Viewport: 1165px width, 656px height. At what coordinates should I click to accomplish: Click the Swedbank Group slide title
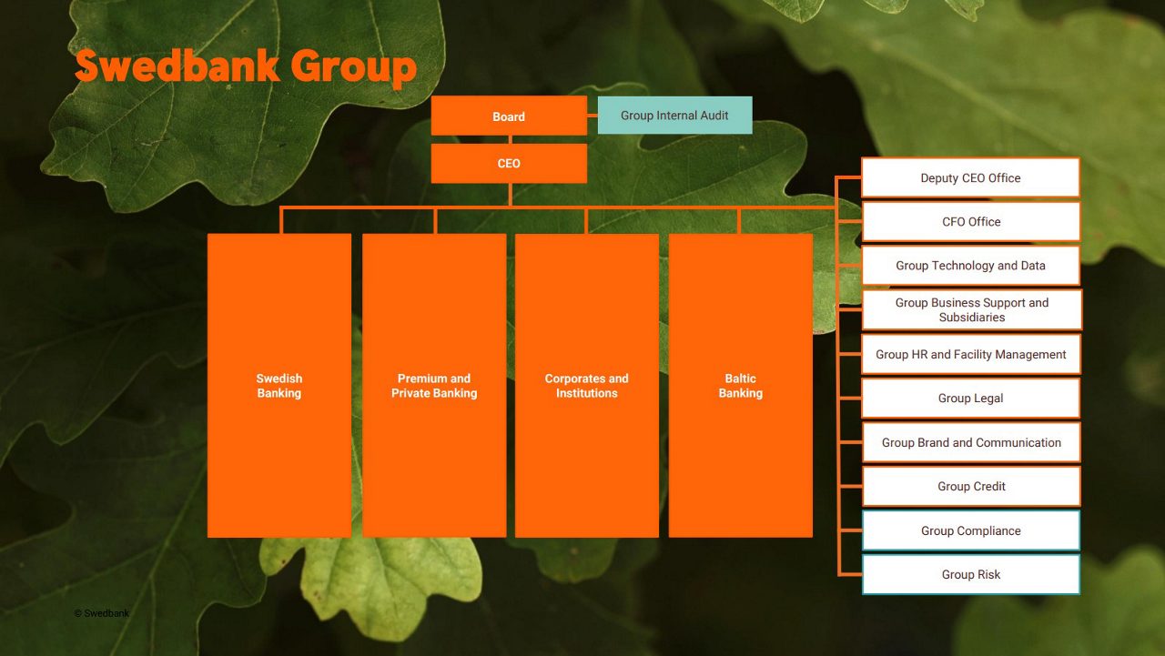246,67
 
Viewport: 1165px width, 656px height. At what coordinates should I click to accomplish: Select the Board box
509,116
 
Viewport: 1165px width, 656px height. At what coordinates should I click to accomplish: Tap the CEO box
509,164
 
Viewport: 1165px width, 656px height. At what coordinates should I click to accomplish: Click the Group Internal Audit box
674,116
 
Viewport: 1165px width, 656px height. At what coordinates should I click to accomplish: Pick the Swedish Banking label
279,386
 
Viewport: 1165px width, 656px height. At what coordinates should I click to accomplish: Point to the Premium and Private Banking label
434,386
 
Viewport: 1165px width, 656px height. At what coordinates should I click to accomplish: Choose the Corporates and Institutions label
587,386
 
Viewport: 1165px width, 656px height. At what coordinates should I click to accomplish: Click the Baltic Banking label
740,386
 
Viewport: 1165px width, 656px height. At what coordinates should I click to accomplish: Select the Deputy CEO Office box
970,178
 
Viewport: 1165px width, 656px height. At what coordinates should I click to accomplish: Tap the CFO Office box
970,222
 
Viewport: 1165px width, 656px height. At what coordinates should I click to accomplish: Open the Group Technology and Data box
970,266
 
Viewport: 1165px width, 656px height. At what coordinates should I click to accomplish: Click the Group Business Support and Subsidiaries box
971,310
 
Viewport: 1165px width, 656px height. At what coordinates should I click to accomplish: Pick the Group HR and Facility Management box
970,355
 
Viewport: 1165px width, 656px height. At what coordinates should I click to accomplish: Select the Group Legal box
970,399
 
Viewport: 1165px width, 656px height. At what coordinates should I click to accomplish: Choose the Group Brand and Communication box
970,443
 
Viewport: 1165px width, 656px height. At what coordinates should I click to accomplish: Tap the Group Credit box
970,487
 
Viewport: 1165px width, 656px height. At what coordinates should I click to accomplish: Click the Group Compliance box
970,531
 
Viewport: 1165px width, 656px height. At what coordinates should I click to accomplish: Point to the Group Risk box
970,575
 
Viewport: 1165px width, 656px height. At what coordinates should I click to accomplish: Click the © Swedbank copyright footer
102,613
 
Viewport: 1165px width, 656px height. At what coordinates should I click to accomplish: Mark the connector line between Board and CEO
510,140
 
